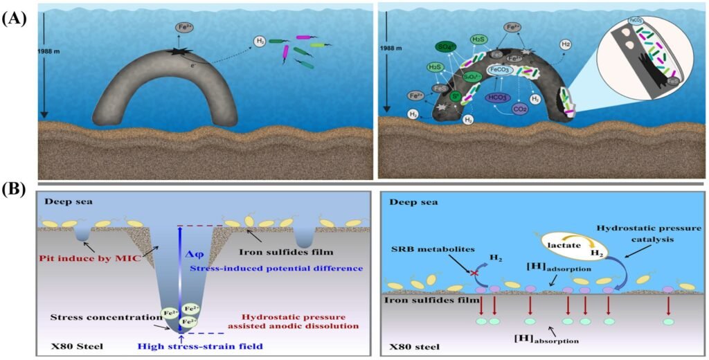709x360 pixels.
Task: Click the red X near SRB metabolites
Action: click(x=473, y=273)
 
